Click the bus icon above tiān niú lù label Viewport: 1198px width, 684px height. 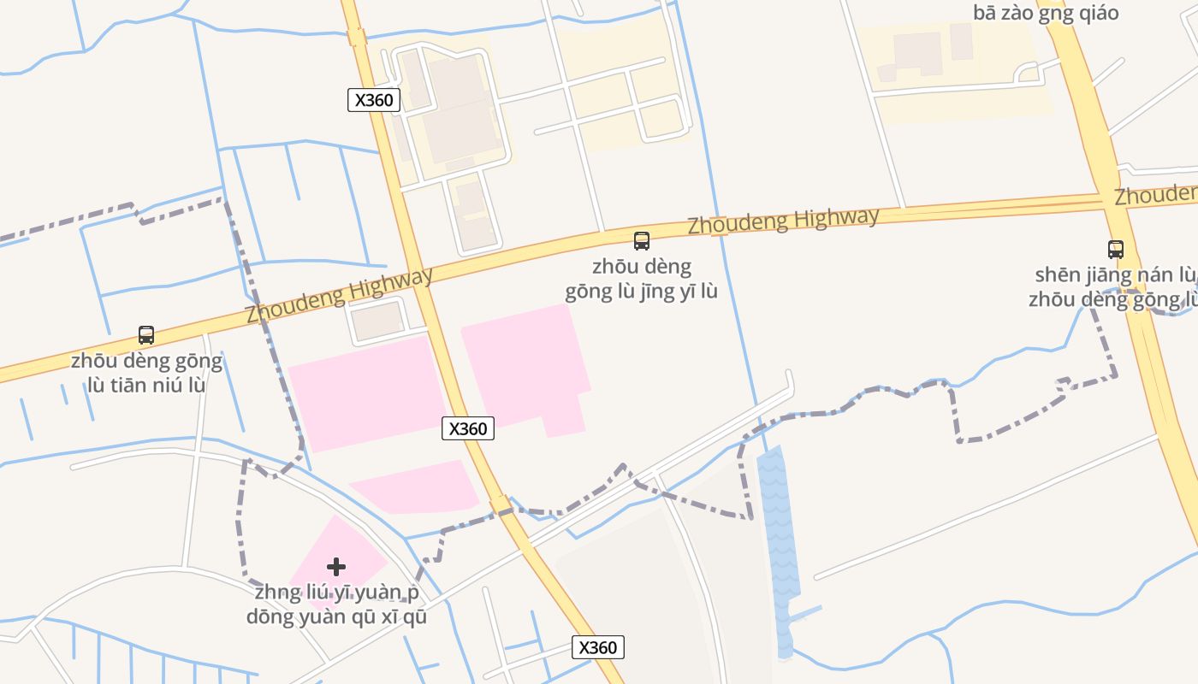coord(146,335)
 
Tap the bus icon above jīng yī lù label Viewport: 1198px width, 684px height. coord(641,241)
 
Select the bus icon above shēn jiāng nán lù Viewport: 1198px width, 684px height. coord(1115,250)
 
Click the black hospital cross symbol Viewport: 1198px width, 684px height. coord(336,566)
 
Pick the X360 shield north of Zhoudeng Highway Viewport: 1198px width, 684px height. coord(374,100)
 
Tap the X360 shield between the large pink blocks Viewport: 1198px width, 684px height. coord(468,428)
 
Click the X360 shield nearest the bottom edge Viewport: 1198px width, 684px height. coord(597,647)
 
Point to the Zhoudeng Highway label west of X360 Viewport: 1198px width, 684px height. coord(340,296)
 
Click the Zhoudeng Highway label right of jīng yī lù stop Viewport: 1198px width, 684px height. coord(783,221)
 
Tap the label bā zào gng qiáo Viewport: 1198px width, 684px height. coord(1046,13)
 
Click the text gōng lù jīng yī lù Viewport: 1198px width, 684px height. coord(641,292)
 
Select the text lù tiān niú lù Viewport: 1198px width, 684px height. coord(146,385)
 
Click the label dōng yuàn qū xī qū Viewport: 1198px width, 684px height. coord(336,616)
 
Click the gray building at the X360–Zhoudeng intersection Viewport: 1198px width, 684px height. coord(377,321)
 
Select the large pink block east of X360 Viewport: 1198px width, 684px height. coord(526,363)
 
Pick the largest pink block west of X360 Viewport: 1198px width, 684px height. coord(366,392)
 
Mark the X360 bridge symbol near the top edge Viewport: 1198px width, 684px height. coord(357,38)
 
